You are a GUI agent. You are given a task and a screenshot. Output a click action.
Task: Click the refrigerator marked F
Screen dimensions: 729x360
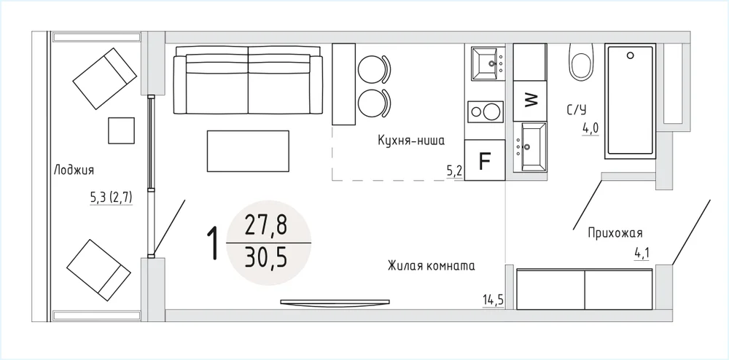tap(485, 160)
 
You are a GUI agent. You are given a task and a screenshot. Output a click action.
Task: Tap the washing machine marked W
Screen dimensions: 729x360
tap(529, 100)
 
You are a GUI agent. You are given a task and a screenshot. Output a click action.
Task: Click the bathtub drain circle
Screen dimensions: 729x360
tap(630, 55)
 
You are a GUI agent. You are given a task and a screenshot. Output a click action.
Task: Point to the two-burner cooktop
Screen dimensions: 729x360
tap(486, 112)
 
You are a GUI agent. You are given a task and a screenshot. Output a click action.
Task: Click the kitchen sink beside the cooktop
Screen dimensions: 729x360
tap(488, 63)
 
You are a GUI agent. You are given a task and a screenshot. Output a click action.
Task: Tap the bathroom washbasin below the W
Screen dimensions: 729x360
tap(530, 146)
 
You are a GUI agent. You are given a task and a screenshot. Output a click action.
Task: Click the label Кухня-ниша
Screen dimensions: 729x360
tap(411, 141)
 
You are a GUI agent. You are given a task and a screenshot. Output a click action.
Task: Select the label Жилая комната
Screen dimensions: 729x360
tap(431, 266)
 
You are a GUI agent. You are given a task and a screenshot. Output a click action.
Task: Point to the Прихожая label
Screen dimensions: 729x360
tap(615, 232)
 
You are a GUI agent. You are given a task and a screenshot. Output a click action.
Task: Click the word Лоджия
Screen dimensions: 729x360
tap(74, 170)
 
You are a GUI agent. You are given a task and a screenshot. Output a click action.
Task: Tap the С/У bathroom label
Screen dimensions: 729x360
tap(577, 109)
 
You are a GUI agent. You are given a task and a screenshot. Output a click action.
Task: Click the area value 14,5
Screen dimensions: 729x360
tap(493, 299)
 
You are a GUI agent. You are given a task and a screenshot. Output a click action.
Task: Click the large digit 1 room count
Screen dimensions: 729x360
tap(213, 243)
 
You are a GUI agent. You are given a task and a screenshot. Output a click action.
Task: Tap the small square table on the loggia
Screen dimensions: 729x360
tap(121, 130)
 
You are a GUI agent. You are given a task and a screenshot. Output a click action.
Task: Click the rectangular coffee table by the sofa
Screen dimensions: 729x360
tap(249, 151)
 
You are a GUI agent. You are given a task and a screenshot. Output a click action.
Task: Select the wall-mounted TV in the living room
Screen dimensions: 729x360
tap(335, 302)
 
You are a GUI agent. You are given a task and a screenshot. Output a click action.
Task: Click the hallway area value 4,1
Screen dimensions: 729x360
tap(642, 253)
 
